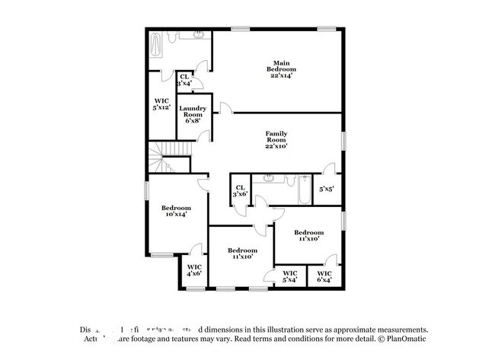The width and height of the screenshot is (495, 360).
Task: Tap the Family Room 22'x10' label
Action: pos(276,140)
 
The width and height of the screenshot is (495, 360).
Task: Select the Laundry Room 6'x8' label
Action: pos(193,115)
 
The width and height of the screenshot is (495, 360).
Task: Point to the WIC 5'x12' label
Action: pos(161,105)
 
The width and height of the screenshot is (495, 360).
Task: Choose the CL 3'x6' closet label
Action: pos(240,190)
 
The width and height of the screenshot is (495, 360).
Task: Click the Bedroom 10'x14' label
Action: pos(175,212)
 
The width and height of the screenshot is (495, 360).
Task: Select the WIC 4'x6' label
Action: pos(194,270)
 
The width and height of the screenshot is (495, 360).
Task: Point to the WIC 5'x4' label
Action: pos(289,277)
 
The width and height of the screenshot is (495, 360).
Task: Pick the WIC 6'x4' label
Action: pos(324,277)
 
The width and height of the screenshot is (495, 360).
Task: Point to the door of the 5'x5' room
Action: pos(327,168)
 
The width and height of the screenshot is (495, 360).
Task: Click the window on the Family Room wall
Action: pos(343,141)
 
